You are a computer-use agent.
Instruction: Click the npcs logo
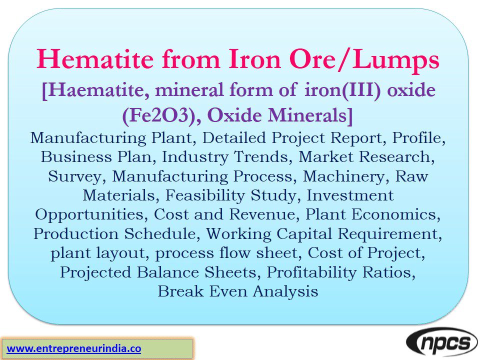[x=441, y=343]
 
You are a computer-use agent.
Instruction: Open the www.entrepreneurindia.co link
[x=74, y=348]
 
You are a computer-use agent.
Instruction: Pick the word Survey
[x=76, y=175]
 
